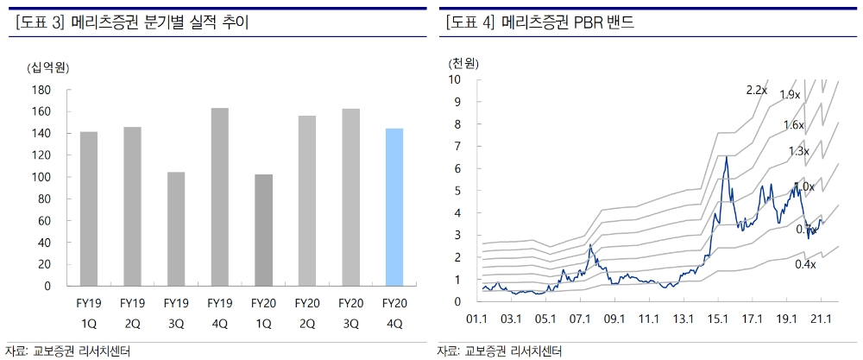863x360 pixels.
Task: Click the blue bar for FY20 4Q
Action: [394, 207]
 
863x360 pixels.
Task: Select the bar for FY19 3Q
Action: [175, 229]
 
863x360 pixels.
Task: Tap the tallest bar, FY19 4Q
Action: [219, 197]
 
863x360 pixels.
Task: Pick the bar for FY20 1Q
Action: [263, 230]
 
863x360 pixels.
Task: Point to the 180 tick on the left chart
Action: [40, 90]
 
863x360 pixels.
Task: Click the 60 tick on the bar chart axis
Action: [42, 220]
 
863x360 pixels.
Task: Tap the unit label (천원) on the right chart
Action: [463, 63]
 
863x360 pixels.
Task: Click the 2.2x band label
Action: [757, 90]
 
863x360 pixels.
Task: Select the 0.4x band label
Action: [805, 264]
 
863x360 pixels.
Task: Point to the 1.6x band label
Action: [794, 125]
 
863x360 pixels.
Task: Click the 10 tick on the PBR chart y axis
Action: [455, 79]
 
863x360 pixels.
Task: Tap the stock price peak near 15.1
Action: [727, 156]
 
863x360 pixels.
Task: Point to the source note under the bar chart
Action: [73, 351]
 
